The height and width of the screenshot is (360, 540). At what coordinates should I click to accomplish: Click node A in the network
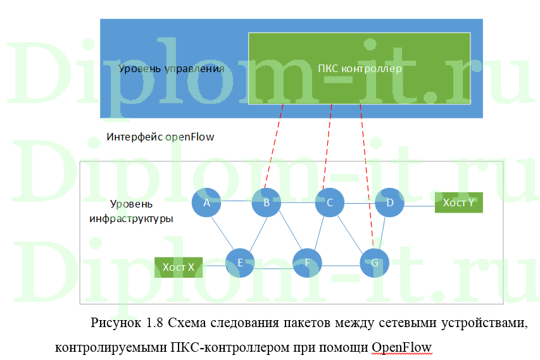click(x=206, y=202)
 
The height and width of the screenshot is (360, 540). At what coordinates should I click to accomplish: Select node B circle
click(x=267, y=202)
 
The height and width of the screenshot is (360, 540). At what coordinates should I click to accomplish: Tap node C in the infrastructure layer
click(x=329, y=202)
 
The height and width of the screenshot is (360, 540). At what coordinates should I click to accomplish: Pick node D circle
click(x=389, y=202)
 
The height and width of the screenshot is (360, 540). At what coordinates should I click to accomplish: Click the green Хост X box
click(x=179, y=267)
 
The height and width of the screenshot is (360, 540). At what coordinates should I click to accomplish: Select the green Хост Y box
click(x=458, y=202)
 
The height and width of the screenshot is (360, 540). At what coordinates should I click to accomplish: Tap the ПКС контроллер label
click(x=360, y=68)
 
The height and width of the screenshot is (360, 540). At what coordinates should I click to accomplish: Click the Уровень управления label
click(x=171, y=68)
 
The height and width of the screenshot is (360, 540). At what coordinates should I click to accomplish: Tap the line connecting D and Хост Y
click(x=419, y=205)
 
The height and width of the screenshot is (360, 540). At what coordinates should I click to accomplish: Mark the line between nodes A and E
click(x=222, y=232)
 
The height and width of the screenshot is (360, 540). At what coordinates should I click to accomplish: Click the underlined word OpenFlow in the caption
click(x=401, y=347)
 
